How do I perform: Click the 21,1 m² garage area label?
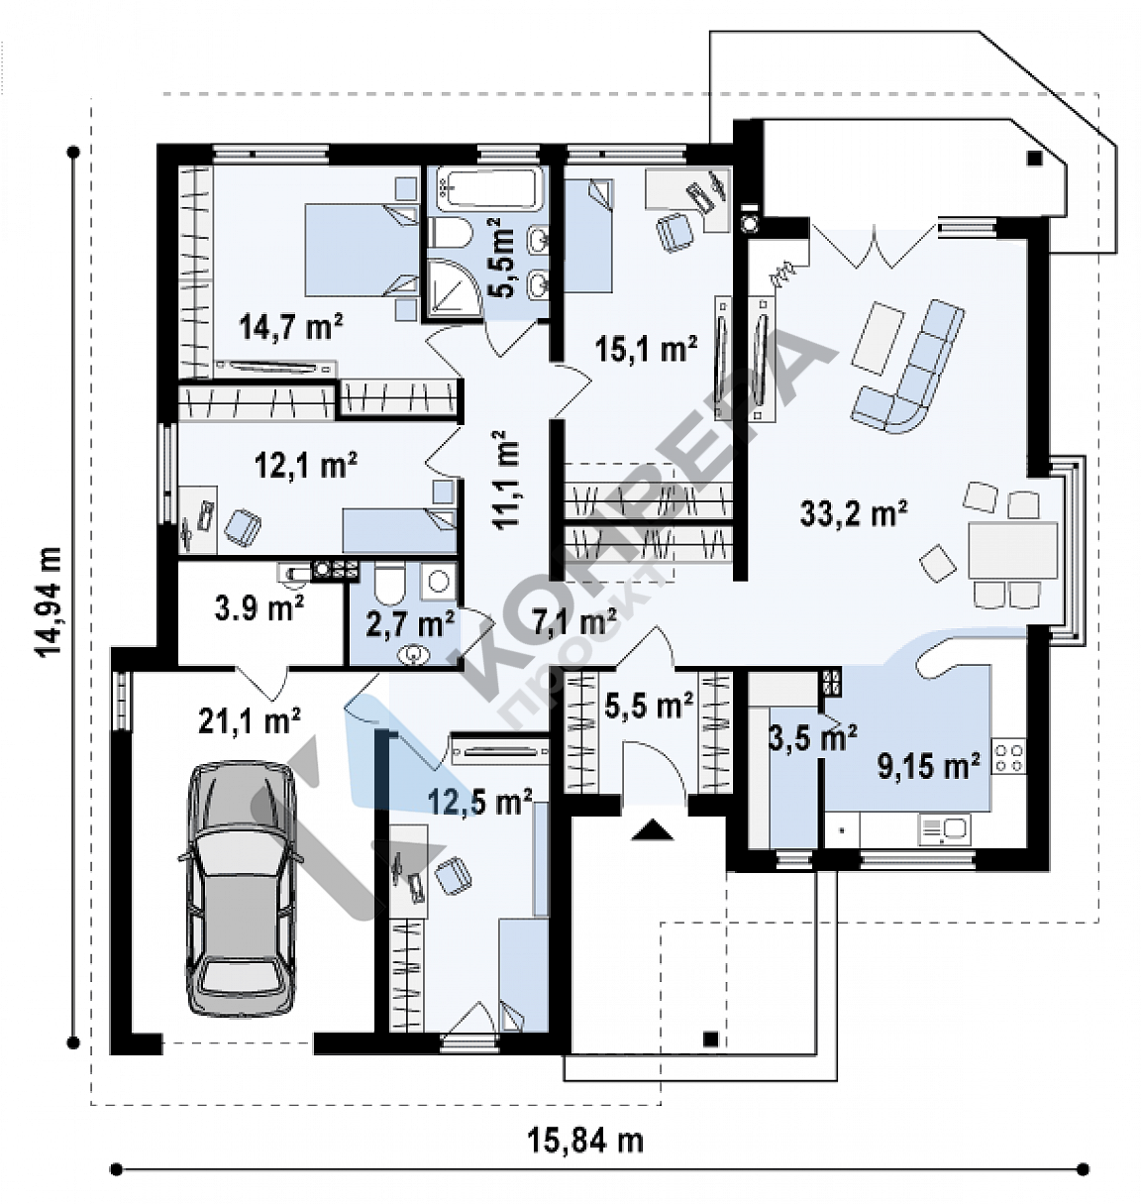(250, 720)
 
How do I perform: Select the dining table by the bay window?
(1012, 550)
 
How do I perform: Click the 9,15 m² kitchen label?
(929, 766)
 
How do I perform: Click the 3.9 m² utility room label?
(259, 608)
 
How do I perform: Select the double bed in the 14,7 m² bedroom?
(362, 250)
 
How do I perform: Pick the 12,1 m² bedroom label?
(305, 466)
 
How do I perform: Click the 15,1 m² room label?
(647, 349)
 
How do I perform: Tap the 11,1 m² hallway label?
(506, 481)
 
